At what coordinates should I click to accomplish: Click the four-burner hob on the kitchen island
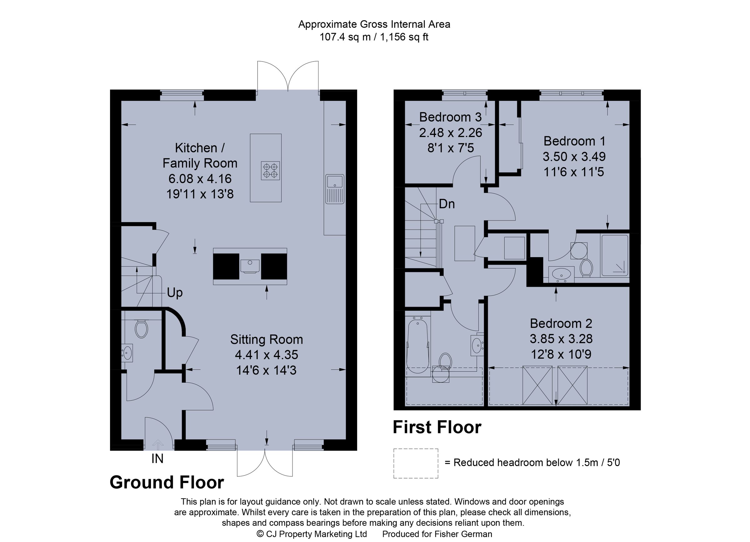click(x=270, y=171)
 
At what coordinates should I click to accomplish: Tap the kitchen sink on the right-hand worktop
click(x=335, y=189)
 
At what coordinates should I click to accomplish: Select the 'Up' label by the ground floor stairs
click(x=175, y=292)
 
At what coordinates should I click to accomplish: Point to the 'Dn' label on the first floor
click(x=447, y=204)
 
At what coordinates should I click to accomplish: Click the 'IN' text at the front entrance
click(x=157, y=459)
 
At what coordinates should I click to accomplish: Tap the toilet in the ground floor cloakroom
click(x=141, y=329)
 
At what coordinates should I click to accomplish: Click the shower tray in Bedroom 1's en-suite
click(x=614, y=255)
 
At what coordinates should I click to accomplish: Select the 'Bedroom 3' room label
click(x=450, y=117)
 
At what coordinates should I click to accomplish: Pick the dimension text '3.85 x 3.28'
click(x=561, y=339)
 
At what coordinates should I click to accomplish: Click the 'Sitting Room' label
click(x=267, y=339)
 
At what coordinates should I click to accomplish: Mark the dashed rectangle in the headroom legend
click(x=416, y=463)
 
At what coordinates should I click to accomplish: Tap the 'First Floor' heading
click(x=437, y=427)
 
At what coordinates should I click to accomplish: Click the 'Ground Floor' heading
click(x=167, y=482)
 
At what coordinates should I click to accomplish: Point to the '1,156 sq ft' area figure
click(x=404, y=37)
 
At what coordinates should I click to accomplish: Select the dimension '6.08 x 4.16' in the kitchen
click(x=200, y=179)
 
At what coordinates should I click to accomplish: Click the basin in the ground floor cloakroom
click(x=127, y=352)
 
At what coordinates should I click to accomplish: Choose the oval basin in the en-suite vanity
click(x=561, y=274)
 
